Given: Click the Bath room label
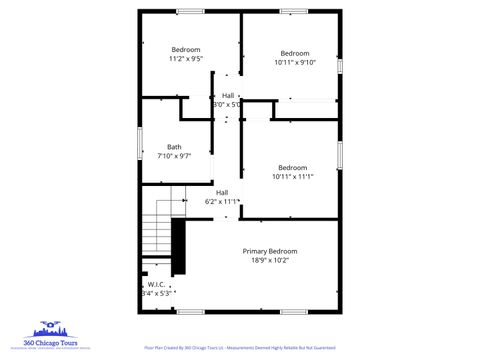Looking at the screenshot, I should [174, 147].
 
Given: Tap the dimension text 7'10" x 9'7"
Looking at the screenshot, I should [174, 156].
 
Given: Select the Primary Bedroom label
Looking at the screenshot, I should [270, 251].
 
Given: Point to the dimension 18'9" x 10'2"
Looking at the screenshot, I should [270, 260].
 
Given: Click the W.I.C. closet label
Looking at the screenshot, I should [158, 284].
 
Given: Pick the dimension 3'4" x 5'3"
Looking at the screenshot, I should [158, 293].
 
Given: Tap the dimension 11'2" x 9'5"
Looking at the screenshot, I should [186, 59].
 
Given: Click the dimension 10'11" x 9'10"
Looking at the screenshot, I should [294, 62].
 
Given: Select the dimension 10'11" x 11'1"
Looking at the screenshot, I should [292, 176].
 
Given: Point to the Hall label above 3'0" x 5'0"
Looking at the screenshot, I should [228, 95].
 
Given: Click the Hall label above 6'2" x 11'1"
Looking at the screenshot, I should [222, 192].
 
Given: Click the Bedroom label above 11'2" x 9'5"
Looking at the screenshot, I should [186, 50].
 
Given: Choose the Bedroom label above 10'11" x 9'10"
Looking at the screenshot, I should [294, 53].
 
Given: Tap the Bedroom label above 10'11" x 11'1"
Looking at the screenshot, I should [292, 167].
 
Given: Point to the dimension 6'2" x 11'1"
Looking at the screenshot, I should [222, 201].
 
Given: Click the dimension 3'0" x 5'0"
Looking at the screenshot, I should [228, 104].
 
